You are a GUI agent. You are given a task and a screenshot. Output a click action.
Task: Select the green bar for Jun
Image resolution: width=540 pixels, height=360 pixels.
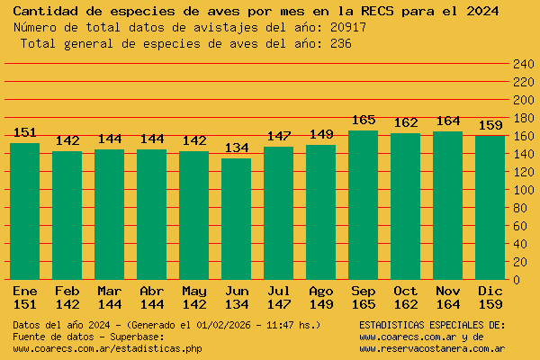pos(236,219)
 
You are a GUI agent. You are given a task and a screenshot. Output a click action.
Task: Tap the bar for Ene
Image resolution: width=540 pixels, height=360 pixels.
pos(25,211)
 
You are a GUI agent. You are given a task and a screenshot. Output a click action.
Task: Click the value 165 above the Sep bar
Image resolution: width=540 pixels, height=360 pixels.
pos(363,121)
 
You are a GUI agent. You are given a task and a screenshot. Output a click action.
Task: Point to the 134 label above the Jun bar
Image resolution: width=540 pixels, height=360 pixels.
pos(236,148)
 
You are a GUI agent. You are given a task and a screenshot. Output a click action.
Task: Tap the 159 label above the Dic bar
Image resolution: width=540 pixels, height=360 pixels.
pos(490,125)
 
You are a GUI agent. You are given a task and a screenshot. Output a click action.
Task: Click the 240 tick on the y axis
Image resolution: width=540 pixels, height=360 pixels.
pos(523,64)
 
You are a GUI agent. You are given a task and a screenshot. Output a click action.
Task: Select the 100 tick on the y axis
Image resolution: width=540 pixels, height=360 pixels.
pos(523,190)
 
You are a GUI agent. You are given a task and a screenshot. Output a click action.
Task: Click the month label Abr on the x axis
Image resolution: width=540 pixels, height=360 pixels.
pos(152,291)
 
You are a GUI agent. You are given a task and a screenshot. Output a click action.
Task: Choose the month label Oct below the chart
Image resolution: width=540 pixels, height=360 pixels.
pos(405,291)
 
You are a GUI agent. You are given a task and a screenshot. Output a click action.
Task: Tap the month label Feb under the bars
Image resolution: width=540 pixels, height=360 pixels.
pos(67,291)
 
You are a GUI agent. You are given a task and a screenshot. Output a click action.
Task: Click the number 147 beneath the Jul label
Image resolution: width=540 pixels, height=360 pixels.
pos(278,304)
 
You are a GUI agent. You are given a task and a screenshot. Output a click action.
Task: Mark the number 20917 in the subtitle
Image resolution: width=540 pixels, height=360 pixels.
pos(348,27)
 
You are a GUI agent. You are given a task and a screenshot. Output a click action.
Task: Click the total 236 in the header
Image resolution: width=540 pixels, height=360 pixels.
pos(340,43)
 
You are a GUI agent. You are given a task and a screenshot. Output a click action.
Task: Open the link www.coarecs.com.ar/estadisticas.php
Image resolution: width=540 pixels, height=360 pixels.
pos(107,348)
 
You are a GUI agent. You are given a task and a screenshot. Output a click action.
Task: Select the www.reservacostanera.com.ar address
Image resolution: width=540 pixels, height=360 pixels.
pos(432,348)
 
